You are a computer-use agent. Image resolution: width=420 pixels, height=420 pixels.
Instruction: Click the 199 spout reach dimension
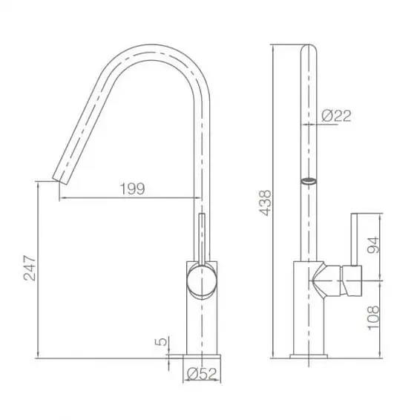[132, 188]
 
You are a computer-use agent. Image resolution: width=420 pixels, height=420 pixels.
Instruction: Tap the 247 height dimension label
[30, 268]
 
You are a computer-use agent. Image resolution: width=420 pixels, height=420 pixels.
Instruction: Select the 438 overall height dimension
[266, 203]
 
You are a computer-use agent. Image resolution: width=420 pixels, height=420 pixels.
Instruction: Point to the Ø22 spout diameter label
[336, 116]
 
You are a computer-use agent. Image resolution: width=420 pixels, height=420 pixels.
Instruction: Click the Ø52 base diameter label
[201, 374]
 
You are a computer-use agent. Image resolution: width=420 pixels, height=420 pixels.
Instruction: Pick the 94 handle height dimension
[373, 245]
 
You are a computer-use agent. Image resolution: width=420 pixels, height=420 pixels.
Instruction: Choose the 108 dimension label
[373, 318]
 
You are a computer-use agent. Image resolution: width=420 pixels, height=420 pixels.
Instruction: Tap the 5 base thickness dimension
[162, 341]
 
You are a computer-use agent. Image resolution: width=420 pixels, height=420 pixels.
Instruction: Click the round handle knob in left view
[202, 280]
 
